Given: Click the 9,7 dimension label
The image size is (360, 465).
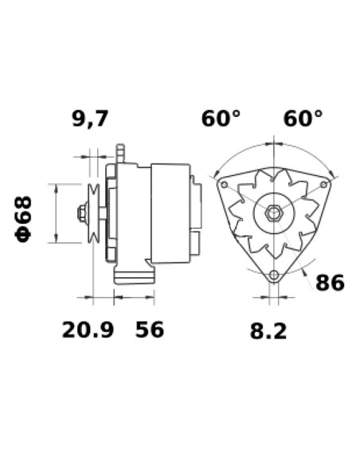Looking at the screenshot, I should [90, 119].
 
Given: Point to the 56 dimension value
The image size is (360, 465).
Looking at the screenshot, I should [148, 329].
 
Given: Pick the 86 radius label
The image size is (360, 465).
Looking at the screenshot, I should [331, 283].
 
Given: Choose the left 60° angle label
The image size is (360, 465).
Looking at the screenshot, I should [221, 119].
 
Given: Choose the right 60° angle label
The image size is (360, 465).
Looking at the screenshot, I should [303, 119].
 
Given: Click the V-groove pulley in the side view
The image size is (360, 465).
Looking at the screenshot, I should [94, 213].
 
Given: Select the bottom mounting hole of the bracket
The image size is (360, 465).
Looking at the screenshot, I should [274, 275].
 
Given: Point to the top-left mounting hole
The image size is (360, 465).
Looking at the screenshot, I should [224, 185].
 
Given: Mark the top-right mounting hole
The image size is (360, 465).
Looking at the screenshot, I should [323, 185].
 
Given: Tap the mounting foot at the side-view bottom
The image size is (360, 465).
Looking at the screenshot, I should [133, 276].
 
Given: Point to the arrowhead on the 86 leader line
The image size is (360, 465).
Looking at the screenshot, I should [305, 272].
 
